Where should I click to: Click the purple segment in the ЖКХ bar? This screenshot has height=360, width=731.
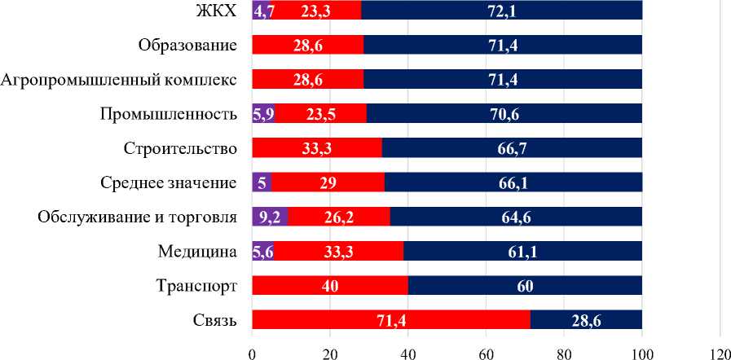pyautogui.click(x=261, y=11)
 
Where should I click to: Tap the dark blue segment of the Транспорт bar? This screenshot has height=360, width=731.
pyautogui.click(x=525, y=286)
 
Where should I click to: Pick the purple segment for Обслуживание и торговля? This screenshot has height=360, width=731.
pyautogui.click(x=270, y=217)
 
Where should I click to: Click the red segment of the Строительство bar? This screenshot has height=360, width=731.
pyautogui.click(x=317, y=148)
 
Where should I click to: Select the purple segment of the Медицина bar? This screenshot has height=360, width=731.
pyautogui.click(x=262, y=252)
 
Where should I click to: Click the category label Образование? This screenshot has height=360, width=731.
pyautogui.click(x=188, y=45)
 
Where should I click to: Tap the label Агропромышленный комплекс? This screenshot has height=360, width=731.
pyautogui.click(x=119, y=80)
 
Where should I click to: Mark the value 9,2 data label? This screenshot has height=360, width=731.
pyautogui.click(x=270, y=217)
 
